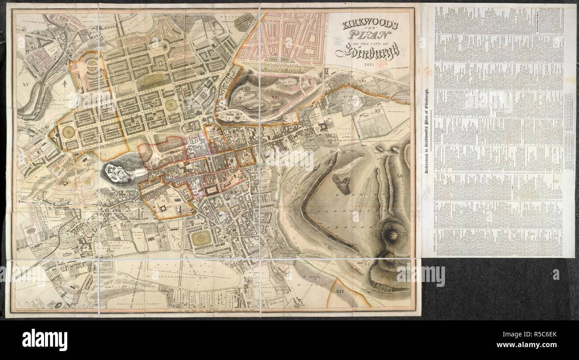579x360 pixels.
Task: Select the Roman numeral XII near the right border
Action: tap(400, 176)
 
